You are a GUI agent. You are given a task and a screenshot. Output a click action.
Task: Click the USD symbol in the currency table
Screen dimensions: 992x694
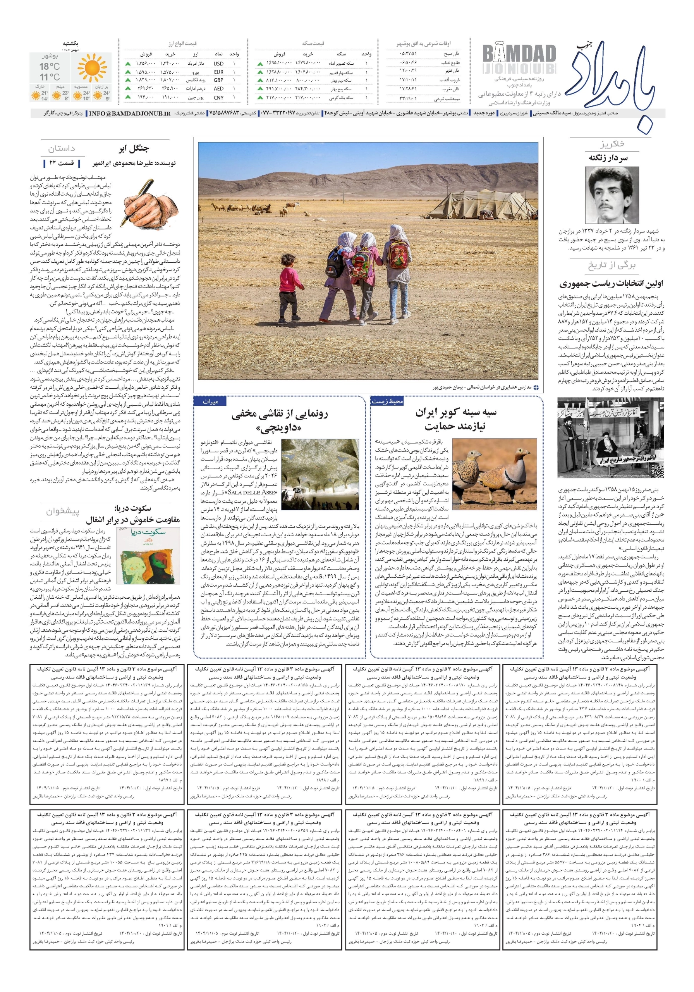[218, 64]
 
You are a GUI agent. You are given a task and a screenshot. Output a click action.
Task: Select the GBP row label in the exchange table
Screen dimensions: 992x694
[218, 80]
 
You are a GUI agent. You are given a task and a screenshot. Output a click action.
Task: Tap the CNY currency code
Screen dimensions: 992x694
[218, 98]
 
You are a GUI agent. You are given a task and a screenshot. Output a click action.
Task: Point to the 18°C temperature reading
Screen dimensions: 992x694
[50, 67]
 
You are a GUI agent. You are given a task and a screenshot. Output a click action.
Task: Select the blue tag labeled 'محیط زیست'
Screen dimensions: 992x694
[387, 401]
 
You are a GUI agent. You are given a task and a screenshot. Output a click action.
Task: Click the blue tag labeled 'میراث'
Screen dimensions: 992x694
[211, 401]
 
